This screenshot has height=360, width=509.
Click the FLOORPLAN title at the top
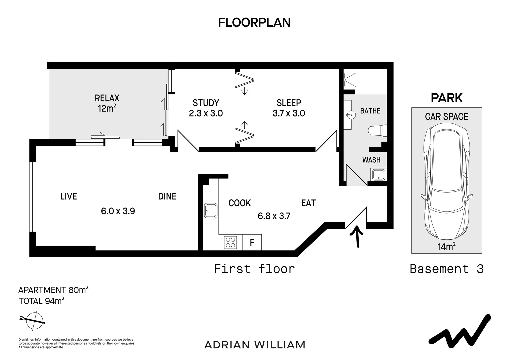pyautogui.click(x=254, y=22)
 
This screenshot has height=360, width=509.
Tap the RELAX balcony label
pyautogui.click(x=107, y=98)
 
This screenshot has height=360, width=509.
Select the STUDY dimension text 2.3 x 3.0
pyautogui.click(x=206, y=113)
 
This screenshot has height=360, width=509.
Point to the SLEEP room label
pyautogui.click(x=289, y=103)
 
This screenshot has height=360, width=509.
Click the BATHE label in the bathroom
pyautogui.click(x=370, y=111)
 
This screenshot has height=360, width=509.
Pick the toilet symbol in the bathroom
pyautogui.click(x=378, y=130)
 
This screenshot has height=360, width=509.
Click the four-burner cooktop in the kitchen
pyautogui.click(x=230, y=242)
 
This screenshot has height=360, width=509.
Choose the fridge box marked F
pyautogui.click(x=252, y=242)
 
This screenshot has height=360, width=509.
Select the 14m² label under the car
pyautogui.click(x=446, y=247)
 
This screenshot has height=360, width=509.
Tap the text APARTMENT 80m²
pyautogui.click(x=53, y=290)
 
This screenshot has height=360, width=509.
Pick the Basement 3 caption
pyautogui.click(x=446, y=269)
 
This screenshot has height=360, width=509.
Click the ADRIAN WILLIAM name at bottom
pyautogui.click(x=254, y=345)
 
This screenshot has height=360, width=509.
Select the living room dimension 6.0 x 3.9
pyautogui.click(x=118, y=211)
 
